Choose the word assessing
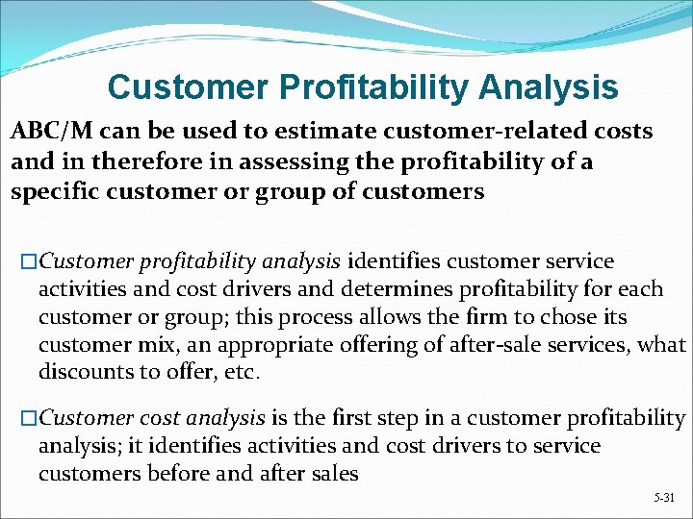[287, 161]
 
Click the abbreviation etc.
[244, 372]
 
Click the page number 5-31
[663, 498]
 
